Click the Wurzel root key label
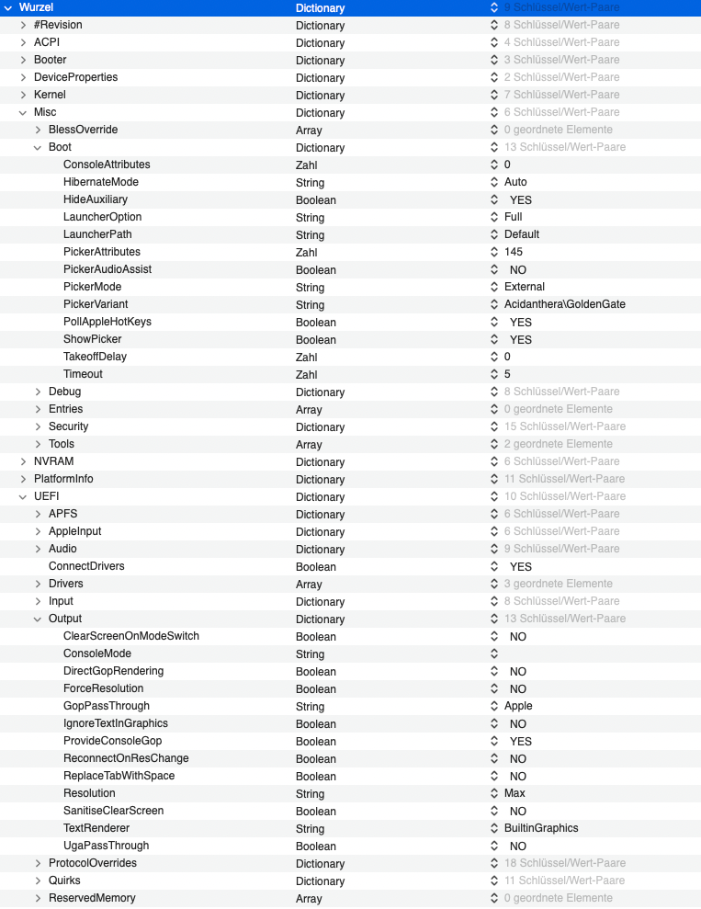(x=36, y=7)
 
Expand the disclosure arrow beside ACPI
(x=24, y=42)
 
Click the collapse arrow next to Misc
(x=24, y=112)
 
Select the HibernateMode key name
(x=100, y=182)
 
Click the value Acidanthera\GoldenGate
(x=564, y=304)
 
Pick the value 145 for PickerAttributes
(x=513, y=252)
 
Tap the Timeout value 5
(x=507, y=374)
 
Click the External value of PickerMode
(x=524, y=287)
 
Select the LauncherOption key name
(x=102, y=217)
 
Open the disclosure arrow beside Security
(x=39, y=426)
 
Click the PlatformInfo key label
(x=63, y=479)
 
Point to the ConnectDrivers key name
(x=86, y=566)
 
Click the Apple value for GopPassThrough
(x=518, y=706)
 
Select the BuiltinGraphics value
(x=541, y=828)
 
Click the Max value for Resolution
(x=514, y=793)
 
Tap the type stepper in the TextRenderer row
(x=494, y=828)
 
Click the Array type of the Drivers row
(x=309, y=585)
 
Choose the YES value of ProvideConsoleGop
(x=520, y=741)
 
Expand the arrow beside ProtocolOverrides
(x=39, y=863)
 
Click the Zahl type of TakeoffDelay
(x=306, y=358)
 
